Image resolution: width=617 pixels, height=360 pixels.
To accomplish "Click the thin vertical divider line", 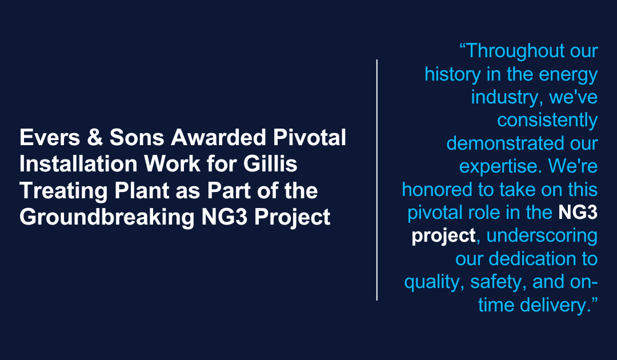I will click(x=377, y=179).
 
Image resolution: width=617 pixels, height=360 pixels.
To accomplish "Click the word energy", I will click(x=568, y=74).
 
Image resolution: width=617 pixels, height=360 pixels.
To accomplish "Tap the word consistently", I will click(x=547, y=120).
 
